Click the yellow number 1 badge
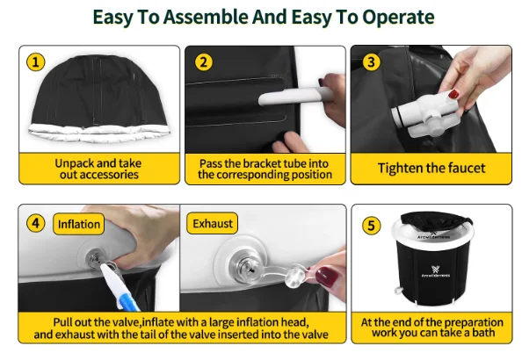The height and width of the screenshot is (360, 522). (x=36, y=62)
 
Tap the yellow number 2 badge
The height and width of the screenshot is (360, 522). (x=203, y=62)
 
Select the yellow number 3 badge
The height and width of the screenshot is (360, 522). (x=371, y=62)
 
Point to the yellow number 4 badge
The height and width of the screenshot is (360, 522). (x=36, y=223)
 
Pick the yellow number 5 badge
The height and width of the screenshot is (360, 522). (x=371, y=226)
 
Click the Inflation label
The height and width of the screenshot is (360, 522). (x=79, y=224)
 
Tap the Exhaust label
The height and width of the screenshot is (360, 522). (x=213, y=223)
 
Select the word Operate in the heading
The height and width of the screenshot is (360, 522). (x=398, y=18)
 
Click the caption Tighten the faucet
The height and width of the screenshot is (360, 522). (x=431, y=168)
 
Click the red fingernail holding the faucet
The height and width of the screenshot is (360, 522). (x=453, y=94)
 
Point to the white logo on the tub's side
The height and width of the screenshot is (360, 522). (x=436, y=271)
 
